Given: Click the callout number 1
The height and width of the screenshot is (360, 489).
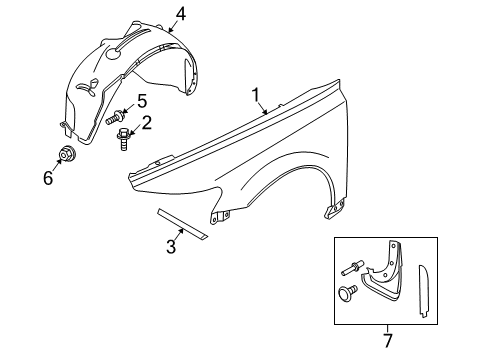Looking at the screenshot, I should (256, 96).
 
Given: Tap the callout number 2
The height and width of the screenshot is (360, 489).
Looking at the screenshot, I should (147, 123).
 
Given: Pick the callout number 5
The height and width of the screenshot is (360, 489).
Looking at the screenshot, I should (142, 101).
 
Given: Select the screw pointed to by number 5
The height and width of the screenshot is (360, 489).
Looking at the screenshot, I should (118, 116).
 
